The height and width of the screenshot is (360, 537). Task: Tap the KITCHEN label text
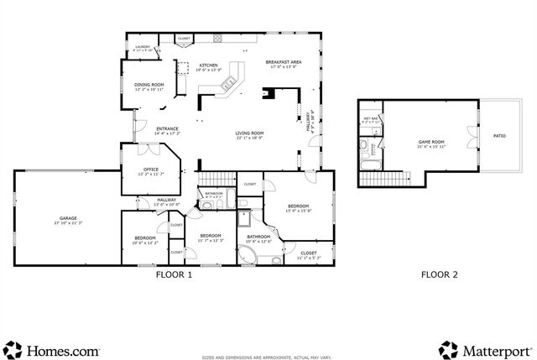pos(208,65)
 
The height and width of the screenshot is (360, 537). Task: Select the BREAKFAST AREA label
pos(284,63)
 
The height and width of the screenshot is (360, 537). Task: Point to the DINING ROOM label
pos(149,85)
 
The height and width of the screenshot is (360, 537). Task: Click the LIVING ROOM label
pos(249,133)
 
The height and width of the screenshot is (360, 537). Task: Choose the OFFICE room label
pos(151,170)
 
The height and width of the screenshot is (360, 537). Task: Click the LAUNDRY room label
pos(142,48)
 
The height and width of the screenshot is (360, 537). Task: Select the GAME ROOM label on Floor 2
pos(430,143)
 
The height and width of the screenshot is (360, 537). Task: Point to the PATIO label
pos(499,135)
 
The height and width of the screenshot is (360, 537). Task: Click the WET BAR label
pos(370,119)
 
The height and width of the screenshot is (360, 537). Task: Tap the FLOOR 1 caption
pos(175,274)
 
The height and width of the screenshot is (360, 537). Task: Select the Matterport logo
pos(486,349)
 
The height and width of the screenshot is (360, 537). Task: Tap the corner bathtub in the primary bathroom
pos(253,255)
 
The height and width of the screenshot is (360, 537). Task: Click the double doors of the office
pos(149,151)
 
